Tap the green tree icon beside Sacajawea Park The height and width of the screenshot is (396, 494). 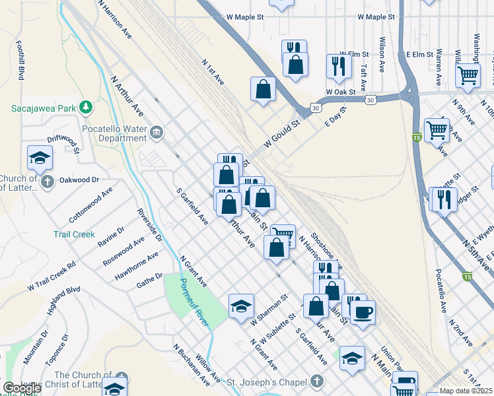(x=85, y=107)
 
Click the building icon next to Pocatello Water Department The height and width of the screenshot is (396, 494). (x=157, y=133)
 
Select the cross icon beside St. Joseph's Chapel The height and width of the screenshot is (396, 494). (x=318, y=381)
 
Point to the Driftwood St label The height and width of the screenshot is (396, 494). (x=63, y=145)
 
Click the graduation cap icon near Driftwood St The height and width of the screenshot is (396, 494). (x=40, y=158)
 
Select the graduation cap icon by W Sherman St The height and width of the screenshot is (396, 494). (x=241, y=306)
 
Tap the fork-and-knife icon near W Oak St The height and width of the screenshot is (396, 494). (x=339, y=65)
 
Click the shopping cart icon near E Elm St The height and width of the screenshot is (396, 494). (x=468, y=75)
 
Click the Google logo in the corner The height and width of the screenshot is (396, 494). (x=22, y=388)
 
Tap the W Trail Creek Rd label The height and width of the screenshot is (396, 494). (x=52, y=276)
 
